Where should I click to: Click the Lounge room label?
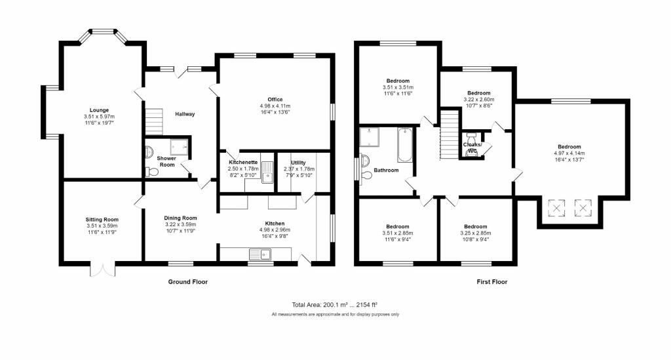(99, 110)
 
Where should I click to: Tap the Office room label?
(275, 99)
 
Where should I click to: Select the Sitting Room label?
(102, 220)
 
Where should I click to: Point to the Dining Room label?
(180, 218)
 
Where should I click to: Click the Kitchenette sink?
(267, 172)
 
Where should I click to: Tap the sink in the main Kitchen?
(260, 254)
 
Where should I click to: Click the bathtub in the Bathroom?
(405, 145)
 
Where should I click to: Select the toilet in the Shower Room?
(151, 172)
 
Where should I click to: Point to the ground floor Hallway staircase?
(154, 121)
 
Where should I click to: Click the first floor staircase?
(450, 135)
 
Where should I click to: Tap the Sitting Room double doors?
(103, 270)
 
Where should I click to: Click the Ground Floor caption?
(188, 282)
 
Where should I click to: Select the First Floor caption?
(492, 282)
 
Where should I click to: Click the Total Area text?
(335, 305)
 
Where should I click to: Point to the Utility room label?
(298, 163)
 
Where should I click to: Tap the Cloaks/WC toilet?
(470, 147)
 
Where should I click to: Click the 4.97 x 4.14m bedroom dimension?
(569, 153)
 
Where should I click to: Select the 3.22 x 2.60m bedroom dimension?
(479, 99)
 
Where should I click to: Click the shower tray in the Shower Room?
(179, 146)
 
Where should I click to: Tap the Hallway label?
(185, 114)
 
